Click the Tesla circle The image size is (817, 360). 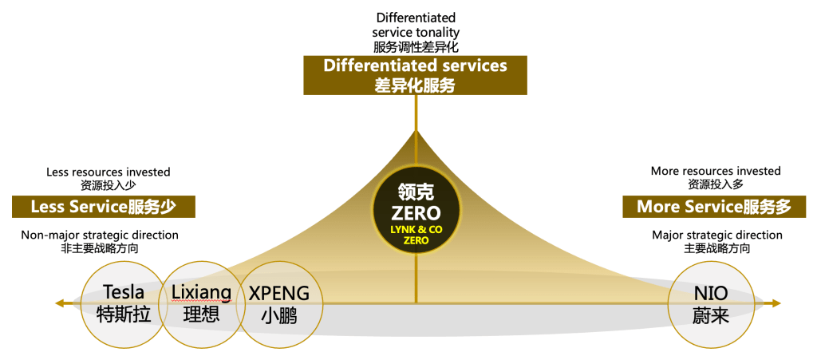coord(124,303)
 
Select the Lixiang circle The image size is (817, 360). coord(201,303)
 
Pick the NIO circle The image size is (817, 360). coord(709,303)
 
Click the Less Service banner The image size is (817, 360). coord(104,208)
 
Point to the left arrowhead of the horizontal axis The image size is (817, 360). coord(59,303)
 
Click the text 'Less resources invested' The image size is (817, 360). coord(109,172)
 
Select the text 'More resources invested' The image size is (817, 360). coord(716,171)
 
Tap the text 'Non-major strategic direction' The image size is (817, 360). coord(100,235)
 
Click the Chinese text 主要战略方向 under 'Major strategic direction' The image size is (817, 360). coord(716,249)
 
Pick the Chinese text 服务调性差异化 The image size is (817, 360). coord(415,46)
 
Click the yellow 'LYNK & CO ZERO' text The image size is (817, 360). coord(416,234)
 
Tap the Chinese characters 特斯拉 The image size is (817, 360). coord(124,315)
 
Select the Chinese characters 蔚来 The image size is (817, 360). coord(709,315)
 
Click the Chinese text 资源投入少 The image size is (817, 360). coord(109,185)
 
